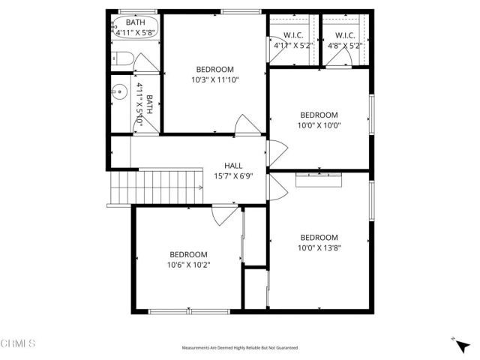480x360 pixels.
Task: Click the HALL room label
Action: tap(232, 166)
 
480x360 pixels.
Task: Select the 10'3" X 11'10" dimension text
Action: tap(215, 79)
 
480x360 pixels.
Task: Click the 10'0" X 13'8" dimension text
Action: tap(319, 247)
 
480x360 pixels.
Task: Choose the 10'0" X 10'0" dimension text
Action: tap(319, 125)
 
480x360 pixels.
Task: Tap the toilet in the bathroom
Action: tap(122, 58)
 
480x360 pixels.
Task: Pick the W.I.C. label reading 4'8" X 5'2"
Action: tap(345, 45)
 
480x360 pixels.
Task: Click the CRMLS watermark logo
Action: tap(17, 343)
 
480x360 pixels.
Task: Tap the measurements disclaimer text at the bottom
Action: tap(240, 348)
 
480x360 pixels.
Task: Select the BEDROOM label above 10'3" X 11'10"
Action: tap(215, 69)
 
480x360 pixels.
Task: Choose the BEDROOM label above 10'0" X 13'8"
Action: tap(319, 237)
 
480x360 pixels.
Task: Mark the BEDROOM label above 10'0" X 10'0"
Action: tap(319, 115)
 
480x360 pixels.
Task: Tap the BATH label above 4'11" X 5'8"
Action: tap(136, 22)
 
